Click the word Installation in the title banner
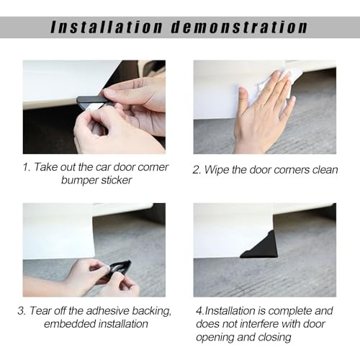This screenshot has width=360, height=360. click(x=107, y=27)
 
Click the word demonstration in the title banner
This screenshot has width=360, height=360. click(x=239, y=27)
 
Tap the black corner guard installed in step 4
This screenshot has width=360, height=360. click(x=260, y=245)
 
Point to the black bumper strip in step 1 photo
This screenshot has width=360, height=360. click(x=92, y=99)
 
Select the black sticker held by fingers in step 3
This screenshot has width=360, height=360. click(x=121, y=267)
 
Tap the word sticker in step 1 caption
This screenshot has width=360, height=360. click(x=117, y=180)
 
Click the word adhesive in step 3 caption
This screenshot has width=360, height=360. click(x=107, y=311)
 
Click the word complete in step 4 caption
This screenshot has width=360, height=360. click(x=289, y=311)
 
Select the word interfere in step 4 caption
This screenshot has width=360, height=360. click(x=259, y=324)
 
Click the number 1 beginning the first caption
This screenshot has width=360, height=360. click(x=25, y=167)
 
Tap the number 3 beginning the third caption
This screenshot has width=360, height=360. click(x=21, y=311)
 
